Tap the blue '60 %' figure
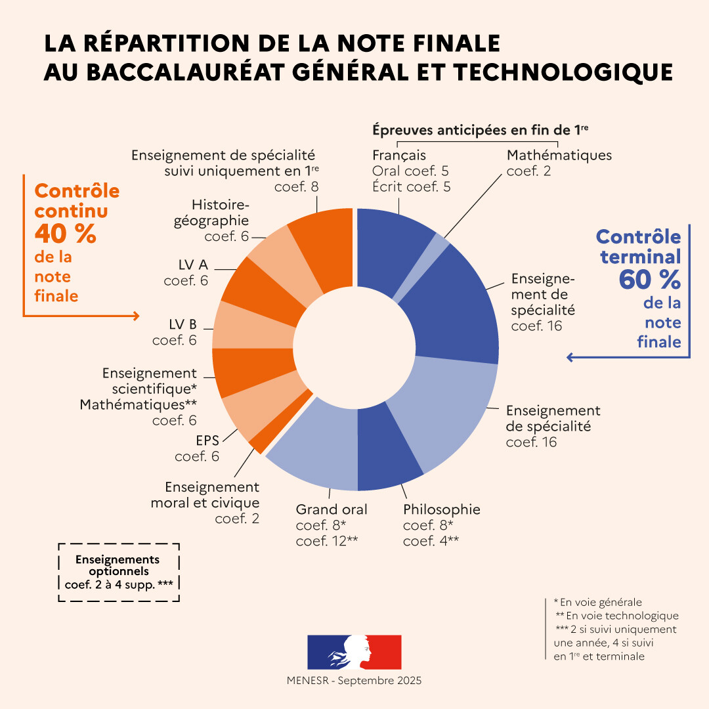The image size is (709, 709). click(649, 280)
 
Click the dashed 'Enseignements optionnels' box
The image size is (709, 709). click(118, 572)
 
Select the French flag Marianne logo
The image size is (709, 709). click(354, 651)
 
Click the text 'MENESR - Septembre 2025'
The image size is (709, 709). click(354, 681)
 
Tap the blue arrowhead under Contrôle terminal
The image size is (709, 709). click(570, 357)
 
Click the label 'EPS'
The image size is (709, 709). click(207, 440)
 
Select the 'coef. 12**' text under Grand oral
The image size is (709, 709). click(326, 541)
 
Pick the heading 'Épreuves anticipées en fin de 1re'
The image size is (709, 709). click(480, 130)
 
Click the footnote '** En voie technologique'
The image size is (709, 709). click(617, 616)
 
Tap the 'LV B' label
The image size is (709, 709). click(183, 324)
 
